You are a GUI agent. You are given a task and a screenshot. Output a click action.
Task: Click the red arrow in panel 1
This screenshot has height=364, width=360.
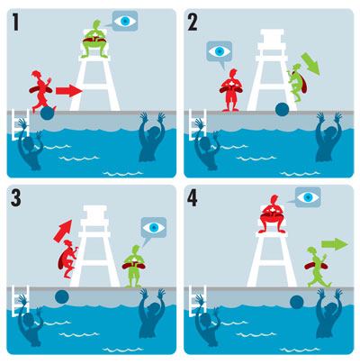point(69,90)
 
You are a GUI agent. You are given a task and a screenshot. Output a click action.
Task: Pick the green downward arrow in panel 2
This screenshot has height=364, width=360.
point(310,64)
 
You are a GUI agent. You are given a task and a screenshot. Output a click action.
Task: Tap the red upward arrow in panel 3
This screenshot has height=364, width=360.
point(63,231)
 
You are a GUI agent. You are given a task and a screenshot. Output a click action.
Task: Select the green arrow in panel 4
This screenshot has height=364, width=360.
point(335,244)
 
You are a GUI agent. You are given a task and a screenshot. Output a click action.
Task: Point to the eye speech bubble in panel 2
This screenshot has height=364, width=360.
point(220,53)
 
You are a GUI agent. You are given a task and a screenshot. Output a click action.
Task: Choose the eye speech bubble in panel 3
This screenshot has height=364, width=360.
point(153,230)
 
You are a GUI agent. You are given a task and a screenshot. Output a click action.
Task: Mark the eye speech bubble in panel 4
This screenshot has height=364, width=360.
point(306,197)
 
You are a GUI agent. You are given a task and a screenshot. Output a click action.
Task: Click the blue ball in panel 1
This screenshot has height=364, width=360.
point(48,113)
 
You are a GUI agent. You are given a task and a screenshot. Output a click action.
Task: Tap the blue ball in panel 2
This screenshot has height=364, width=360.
point(283,109)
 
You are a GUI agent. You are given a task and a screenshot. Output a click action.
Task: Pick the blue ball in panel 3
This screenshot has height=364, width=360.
point(62,297)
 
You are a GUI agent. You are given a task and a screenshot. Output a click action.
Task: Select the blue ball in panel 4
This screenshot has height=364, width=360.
point(297,302)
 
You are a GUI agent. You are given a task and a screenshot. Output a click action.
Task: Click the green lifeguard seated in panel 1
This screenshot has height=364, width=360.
point(94,39)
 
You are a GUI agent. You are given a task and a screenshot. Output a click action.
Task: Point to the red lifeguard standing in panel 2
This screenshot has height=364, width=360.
point(230,90)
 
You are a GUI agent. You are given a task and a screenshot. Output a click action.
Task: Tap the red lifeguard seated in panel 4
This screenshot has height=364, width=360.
point(272,214)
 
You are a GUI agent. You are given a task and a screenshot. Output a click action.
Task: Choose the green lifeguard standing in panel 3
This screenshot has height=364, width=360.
point(134,267)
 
